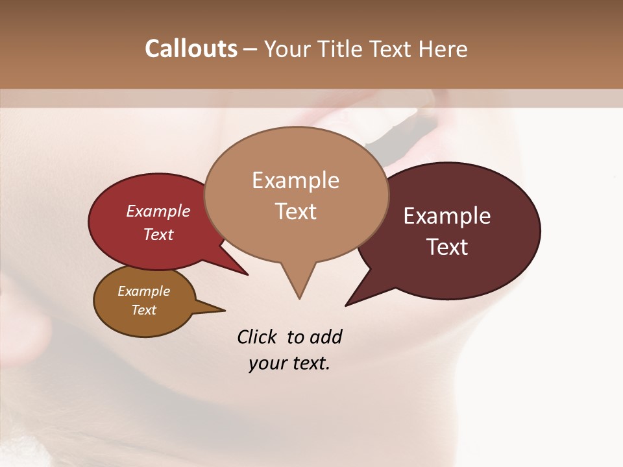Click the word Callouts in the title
(x=191, y=49)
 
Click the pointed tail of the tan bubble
(x=299, y=282)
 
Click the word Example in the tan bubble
(x=296, y=180)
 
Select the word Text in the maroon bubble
(x=447, y=247)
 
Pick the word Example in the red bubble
(x=158, y=211)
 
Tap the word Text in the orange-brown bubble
(x=144, y=310)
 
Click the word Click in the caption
(x=257, y=337)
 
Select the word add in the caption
(x=326, y=337)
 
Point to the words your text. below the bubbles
(x=289, y=363)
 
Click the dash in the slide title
(x=250, y=49)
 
